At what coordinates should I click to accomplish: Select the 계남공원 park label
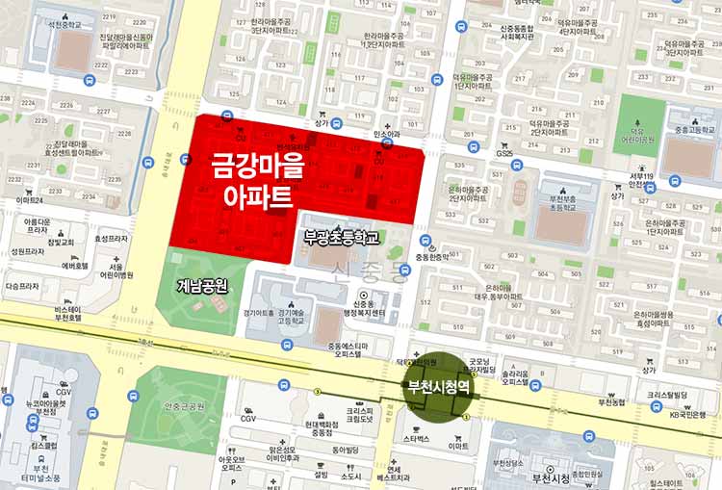[202, 286]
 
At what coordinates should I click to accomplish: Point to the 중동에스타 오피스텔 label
[348, 350]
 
